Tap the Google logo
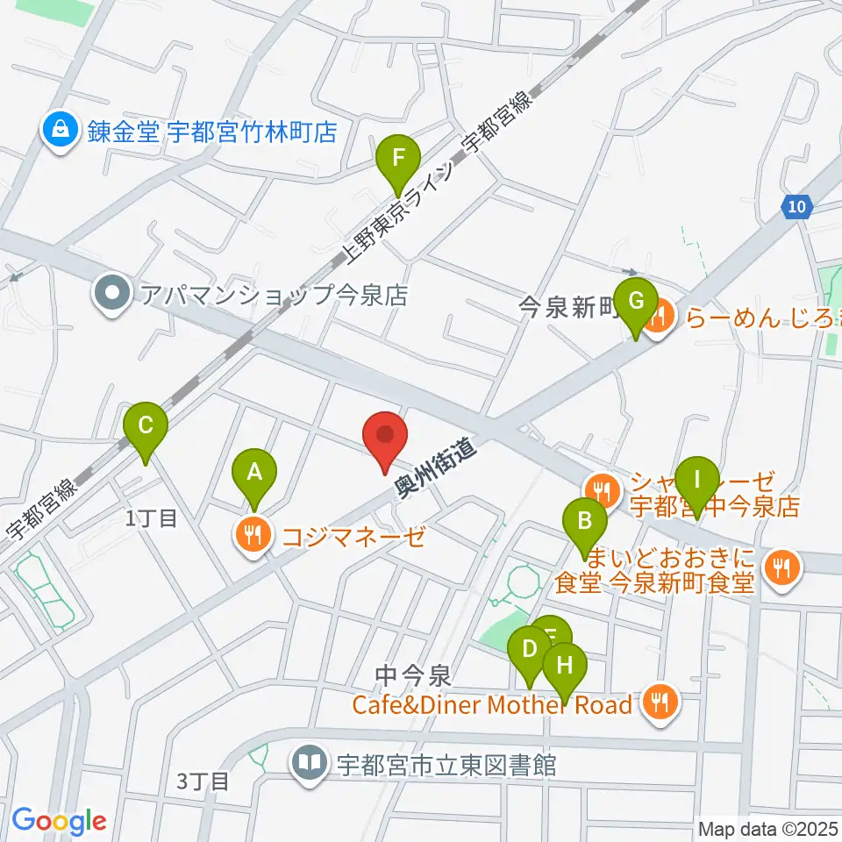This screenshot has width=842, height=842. (59, 821)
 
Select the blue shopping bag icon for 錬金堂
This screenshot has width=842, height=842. (60, 132)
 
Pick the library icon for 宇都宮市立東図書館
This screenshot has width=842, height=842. (310, 764)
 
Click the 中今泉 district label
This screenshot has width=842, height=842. (412, 675)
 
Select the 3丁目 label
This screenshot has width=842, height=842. (203, 779)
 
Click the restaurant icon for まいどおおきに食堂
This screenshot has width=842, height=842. (781, 569)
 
